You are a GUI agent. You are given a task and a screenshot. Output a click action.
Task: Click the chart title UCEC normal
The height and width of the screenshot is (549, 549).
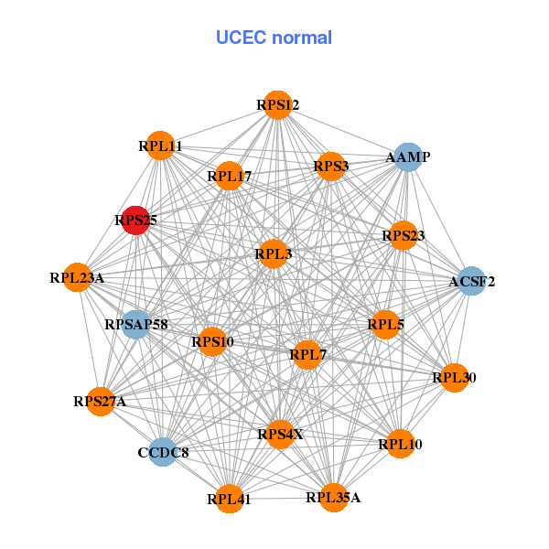click(x=274, y=38)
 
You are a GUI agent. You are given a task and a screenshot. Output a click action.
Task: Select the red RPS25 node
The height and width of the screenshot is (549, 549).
click(x=135, y=221)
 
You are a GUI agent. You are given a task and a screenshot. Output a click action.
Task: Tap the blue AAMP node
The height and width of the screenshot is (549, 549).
click(x=407, y=157)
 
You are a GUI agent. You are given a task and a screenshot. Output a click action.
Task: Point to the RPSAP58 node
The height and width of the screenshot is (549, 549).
click(x=135, y=325)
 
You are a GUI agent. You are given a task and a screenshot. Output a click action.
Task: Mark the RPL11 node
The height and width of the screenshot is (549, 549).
click(x=160, y=145)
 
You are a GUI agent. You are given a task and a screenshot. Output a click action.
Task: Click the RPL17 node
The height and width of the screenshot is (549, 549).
click(x=229, y=176)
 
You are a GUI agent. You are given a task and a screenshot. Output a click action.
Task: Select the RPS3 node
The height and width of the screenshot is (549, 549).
click(x=331, y=167)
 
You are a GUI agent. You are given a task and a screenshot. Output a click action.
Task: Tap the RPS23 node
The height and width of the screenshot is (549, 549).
click(x=404, y=236)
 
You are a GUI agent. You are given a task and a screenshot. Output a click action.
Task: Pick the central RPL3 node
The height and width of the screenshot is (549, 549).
click(x=273, y=253)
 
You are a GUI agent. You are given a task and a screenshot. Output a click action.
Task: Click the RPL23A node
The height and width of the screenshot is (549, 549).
click(x=78, y=277)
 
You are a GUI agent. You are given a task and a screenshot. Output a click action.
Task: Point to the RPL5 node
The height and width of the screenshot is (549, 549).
click(x=385, y=324)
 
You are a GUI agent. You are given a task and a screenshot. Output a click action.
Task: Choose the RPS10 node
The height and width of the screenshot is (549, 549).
click(x=212, y=342)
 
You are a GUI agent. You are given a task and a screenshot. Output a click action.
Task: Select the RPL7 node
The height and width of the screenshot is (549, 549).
click(x=307, y=353)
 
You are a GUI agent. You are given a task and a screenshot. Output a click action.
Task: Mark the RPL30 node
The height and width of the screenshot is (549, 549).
click(x=455, y=377)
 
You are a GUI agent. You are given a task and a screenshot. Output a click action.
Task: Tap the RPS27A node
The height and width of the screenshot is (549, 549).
click(x=101, y=401)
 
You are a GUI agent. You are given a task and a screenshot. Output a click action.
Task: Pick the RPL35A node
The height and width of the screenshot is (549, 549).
click(x=334, y=498)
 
